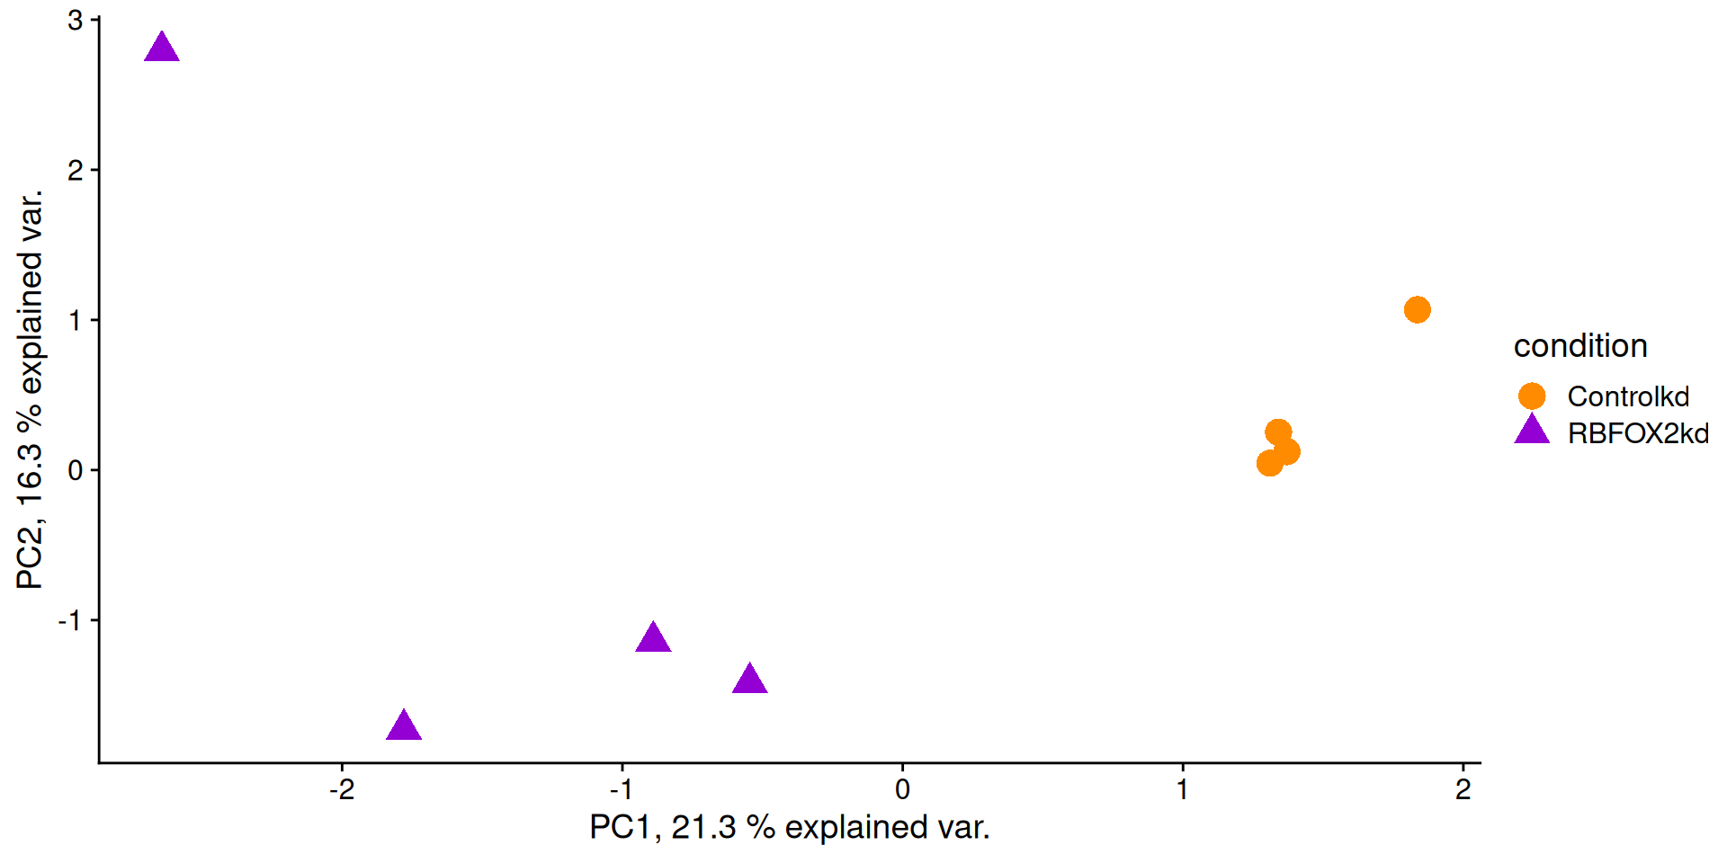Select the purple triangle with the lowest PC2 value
pyautogui.click(x=404, y=726)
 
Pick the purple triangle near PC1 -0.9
pyautogui.click(x=653, y=638)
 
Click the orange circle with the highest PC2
pyautogui.click(x=1417, y=310)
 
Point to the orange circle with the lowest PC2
pyautogui.click(x=1269, y=463)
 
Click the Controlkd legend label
pyautogui.click(x=1628, y=396)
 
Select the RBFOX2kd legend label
pyautogui.click(x=1638, y=433)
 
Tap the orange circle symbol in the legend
pyautogui.click(x=1532, y=396)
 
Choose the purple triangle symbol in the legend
pyautogui.click(x=1532, y=431)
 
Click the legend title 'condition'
pyautogui.click(x=1580, y=346)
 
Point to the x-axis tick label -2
pyautogui.click(x=342, y=789)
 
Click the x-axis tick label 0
pyautogui.click(x=902, y=789)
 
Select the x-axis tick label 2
pyautogui.click(x=1463, y=789)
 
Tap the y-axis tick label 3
pyautogui.click(x=76, y=20)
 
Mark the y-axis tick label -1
pyautogui.click(x=71, y=620)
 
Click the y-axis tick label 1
pyautogui.click(x=76, y=320)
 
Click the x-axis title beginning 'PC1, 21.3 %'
pyautogui.click(x=789, y=827)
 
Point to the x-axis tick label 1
pyautogui.click(x=1183, y=789)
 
